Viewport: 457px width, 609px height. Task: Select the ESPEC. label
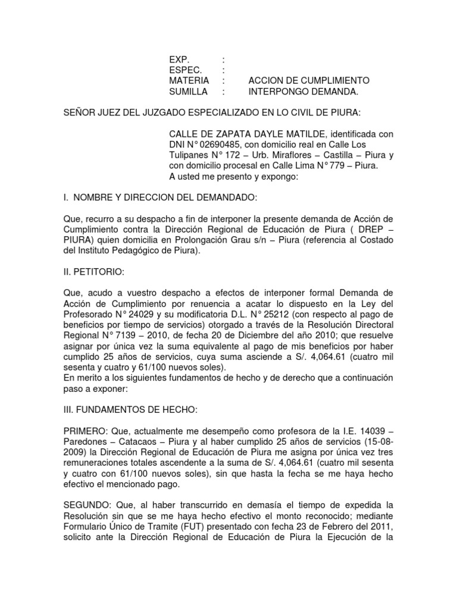coord(184,70)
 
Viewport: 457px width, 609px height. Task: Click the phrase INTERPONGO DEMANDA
coord(303,92)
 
